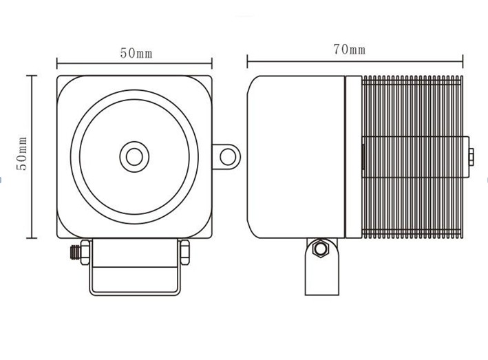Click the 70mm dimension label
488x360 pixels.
click(x=349, y=50)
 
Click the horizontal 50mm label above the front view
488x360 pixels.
click(x=136, y=53)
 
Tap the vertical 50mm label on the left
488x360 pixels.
click(x=22, y=153)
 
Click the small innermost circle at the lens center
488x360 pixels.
click(x=134, y=157)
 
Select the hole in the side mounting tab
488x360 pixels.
click(x=228, y=157)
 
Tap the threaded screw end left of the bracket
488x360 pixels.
click(x=75, y=253)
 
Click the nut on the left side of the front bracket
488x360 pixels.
click(x=85, y=253)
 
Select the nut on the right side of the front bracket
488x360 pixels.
click(x=185, y=253)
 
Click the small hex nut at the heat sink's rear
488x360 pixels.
click(x=471, y=157)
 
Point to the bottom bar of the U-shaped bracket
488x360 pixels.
click(x=135, y=293)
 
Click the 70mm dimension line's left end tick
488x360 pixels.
click(x=247, y=61)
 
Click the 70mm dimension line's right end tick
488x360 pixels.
click(x=463, y=61)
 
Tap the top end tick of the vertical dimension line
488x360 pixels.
click(x=32, y=76)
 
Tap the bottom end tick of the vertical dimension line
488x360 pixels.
click(x=32, y=238)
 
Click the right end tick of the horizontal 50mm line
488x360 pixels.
click(x=211, y=63)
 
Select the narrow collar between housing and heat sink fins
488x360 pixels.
click(x=354, y=157)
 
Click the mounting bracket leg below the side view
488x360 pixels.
click(x=322, y=266)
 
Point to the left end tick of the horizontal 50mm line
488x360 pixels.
click(x=57, y=63)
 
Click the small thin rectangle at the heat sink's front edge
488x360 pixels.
click(x=363, y=157)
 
